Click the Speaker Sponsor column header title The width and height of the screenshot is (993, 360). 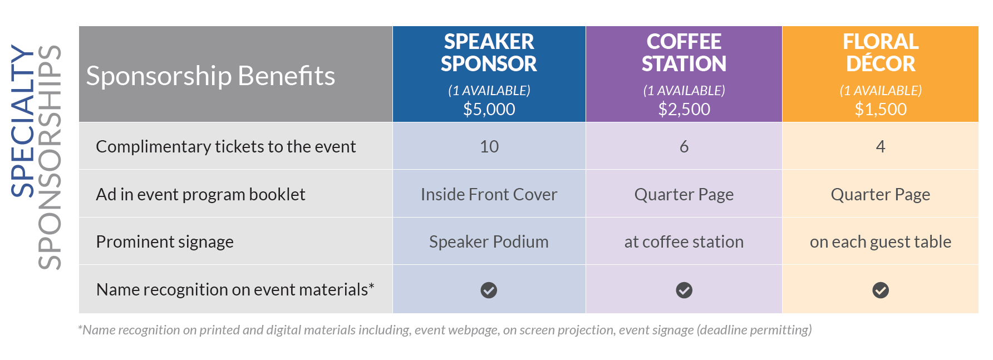(489, 53)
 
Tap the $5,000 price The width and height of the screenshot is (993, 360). (489, 109)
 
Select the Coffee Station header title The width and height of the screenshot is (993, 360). (684, 53)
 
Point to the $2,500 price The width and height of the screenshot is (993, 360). (684, 109)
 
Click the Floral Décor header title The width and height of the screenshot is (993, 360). (881, 53)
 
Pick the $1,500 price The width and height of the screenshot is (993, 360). (881, 109)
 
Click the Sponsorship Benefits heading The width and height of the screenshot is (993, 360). (210, 76)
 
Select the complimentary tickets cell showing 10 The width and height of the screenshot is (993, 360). (489, 146)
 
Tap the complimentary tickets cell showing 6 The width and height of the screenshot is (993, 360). (684, 146)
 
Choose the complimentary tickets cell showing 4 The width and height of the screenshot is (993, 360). (881, 146)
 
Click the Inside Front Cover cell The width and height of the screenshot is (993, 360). (489, 194)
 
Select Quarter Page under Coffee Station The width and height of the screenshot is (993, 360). (684, 195)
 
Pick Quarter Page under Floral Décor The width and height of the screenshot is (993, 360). (881, 195)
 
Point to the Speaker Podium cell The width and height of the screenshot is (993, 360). (489, 242)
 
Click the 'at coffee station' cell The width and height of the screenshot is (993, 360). (684, 242)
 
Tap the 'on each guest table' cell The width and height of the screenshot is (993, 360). (881, 242)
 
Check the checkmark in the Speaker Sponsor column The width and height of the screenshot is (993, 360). (489, 290)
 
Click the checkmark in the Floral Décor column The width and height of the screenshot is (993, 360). (881, 290)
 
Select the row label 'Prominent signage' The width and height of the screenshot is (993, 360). (165, 242)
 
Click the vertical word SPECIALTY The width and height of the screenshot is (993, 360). (23, 121)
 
